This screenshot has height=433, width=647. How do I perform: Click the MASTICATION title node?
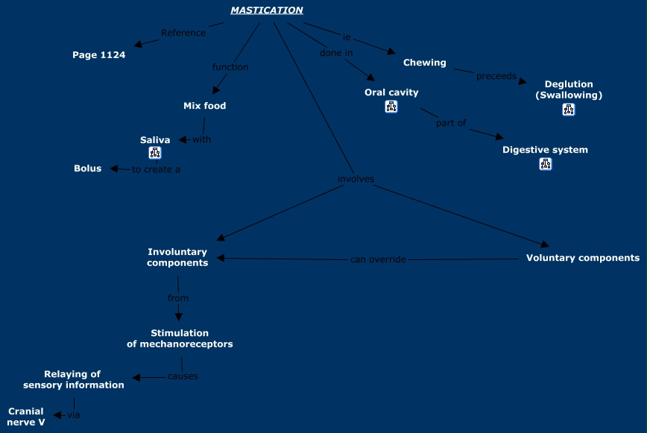(266, 10)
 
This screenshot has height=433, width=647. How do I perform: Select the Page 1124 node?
(98, 54)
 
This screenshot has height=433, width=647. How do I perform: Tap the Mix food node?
(204, 106)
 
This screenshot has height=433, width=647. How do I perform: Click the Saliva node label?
(155, 140)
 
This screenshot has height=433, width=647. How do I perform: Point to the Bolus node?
(87, 168)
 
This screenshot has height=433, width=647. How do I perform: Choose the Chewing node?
(424, 63)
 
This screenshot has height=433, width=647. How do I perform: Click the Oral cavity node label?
(391, 92)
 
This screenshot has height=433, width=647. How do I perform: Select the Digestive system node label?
(545, 150)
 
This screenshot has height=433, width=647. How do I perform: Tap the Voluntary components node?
(582, 258)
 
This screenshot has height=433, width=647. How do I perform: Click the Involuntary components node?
(177, 257)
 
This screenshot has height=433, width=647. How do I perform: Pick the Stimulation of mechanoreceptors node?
(180, 338)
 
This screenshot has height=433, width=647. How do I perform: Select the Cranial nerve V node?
(26, 417)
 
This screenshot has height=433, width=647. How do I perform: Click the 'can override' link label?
(378, 259)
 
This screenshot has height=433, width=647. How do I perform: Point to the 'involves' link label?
(356, 179)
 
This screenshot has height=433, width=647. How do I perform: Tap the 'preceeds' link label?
(496, 76)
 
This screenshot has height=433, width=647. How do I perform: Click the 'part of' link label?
(451, 123)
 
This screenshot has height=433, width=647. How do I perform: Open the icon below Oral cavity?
(391, 107)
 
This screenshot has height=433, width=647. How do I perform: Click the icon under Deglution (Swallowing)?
(569, 110)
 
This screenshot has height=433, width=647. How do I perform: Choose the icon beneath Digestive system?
(545, 164)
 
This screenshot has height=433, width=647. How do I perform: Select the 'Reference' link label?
(183, 33)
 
